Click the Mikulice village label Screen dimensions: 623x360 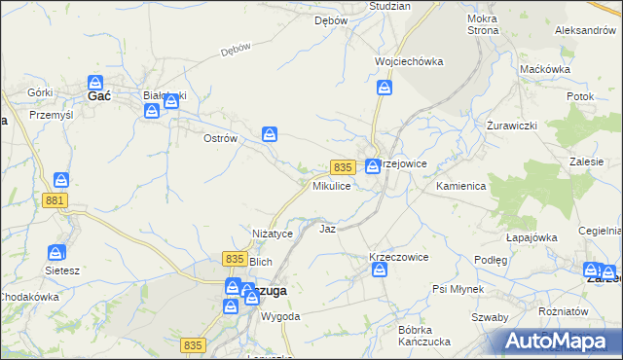(x=331, y=185)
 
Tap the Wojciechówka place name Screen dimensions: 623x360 (x=409, y=61)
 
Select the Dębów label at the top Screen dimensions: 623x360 (x=331, y=20)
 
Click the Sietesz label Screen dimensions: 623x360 (x=61, y=270)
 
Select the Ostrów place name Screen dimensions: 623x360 (x=220, y=138)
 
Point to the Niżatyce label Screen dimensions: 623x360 (x=273, y=234)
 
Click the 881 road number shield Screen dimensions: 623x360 (x=55, y=199)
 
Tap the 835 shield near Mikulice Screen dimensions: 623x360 (x=341, y=167)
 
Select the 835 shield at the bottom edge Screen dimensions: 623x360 (x=194, y=344)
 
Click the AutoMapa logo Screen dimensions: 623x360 (x=558, y=342)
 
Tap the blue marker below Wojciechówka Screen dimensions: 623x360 (x=385, y=90)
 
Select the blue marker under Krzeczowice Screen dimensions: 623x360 (x=380, y=270)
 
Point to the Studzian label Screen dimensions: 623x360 (x=389, y=6)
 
